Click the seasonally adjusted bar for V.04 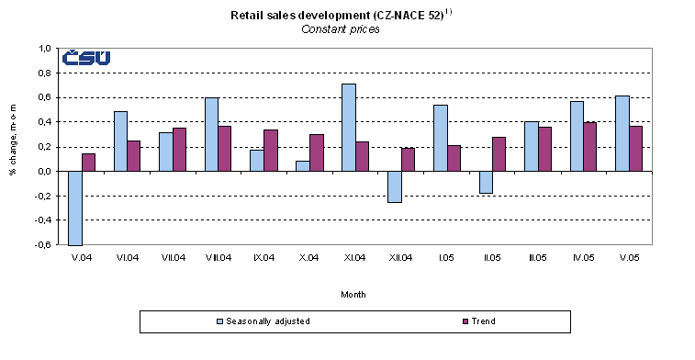coord(74,208)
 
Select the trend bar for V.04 coord(88,162)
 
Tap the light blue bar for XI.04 coord(348,127)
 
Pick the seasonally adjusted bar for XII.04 coord(394,186)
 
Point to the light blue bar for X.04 coord(303,165)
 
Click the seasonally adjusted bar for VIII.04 coord(211,134)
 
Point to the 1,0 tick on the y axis coord(44,49)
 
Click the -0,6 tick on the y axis coord(43,245)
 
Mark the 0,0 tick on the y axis coord(44,172)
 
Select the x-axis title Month coord(353,295)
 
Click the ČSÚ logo coord(86,59)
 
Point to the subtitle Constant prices coord(341,29)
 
